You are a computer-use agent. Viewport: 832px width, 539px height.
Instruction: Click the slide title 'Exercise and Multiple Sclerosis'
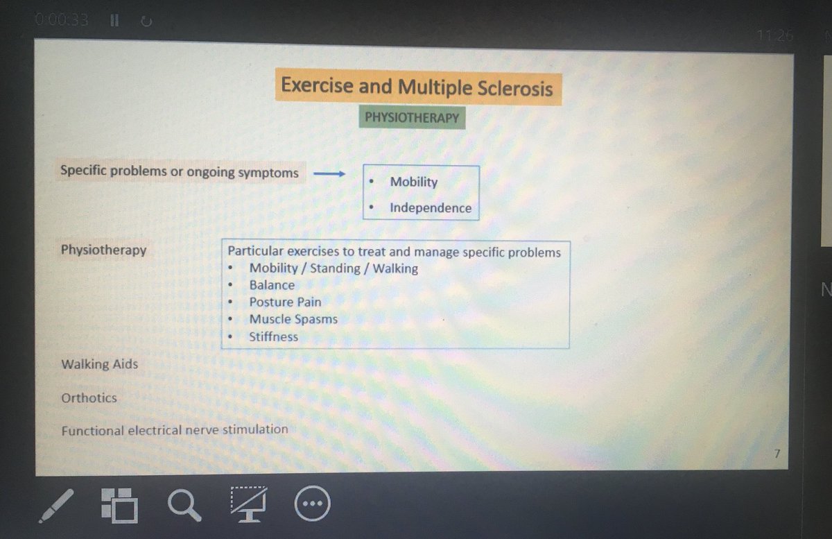tap(417, 87)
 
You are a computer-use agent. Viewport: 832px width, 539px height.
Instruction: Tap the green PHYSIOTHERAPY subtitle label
tap(412, 117)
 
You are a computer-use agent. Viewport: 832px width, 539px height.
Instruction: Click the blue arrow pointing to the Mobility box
tap(329, 173)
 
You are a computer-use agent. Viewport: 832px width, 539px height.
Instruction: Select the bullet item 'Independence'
tap(430, 207)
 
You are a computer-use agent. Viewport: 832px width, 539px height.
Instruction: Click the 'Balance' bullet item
tap(272, 285)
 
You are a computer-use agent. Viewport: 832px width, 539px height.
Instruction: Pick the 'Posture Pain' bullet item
tap(285, 302)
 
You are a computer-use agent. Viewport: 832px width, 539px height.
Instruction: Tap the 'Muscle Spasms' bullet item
tap(293, 319)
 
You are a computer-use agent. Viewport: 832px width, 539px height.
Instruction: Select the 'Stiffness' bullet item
tap(273, 336)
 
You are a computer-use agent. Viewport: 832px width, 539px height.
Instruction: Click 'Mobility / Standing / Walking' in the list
tap(333, 268)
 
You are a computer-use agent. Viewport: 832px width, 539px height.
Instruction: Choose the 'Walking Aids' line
tap(99, 363)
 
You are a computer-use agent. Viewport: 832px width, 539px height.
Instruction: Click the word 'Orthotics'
tap(89, 398)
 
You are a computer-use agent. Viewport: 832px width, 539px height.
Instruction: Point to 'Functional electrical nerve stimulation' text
tap(174, 430)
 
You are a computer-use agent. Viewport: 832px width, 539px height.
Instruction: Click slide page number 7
tap(777, 454)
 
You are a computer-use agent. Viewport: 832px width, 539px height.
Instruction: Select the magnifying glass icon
tap(184, 504)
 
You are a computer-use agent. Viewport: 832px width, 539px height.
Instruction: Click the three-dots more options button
tap(313, 504)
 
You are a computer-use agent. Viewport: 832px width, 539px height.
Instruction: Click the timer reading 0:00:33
tap(62, 21)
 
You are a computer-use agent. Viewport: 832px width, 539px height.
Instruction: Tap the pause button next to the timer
tap(114, 21)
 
